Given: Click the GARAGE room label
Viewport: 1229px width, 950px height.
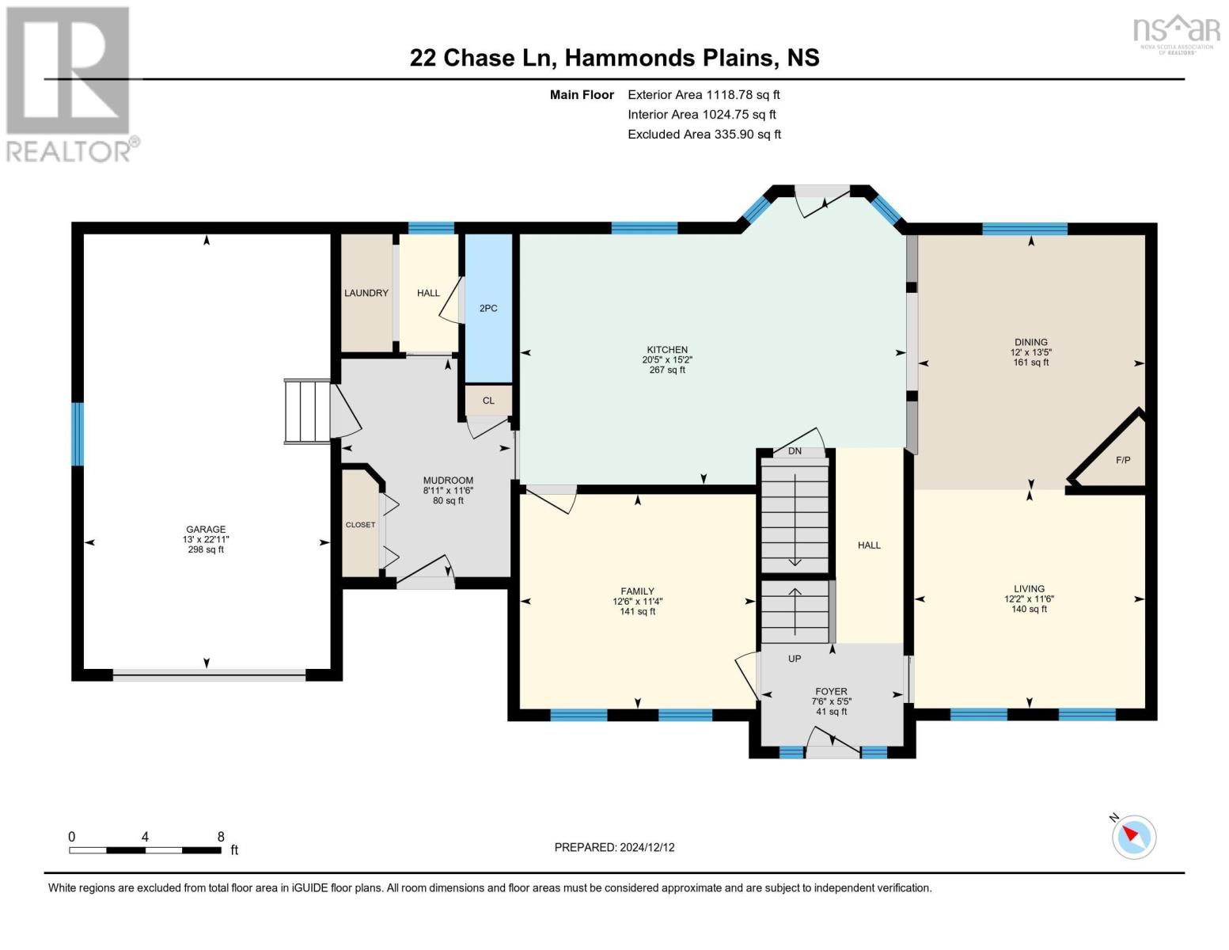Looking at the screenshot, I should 206,530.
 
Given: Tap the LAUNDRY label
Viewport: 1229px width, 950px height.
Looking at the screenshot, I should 366,293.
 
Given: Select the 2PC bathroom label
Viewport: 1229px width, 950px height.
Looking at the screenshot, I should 488,308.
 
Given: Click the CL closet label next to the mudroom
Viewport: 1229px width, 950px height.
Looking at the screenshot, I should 488,401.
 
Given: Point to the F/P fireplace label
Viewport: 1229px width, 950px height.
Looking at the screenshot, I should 1122,460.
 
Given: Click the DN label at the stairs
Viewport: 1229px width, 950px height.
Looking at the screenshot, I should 795,451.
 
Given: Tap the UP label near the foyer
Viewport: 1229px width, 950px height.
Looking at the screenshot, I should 795,659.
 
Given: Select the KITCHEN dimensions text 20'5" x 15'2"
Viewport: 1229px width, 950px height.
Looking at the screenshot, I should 667,359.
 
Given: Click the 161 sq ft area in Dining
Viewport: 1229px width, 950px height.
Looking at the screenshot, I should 1030,363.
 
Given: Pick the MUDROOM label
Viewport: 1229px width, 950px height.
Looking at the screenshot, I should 448,481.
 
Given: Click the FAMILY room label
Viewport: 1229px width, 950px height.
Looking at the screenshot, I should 637,591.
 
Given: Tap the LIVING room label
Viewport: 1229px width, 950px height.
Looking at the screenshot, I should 1029,589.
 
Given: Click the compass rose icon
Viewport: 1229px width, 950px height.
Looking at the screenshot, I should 1133,836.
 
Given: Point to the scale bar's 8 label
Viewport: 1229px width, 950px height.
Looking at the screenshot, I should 221,837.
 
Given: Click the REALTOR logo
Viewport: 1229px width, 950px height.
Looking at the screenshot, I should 70,83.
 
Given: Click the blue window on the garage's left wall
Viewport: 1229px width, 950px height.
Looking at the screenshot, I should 78,434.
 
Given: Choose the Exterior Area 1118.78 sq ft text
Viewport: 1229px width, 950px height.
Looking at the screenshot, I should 704,94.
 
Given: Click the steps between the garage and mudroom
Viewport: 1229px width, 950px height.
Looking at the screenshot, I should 307,411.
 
